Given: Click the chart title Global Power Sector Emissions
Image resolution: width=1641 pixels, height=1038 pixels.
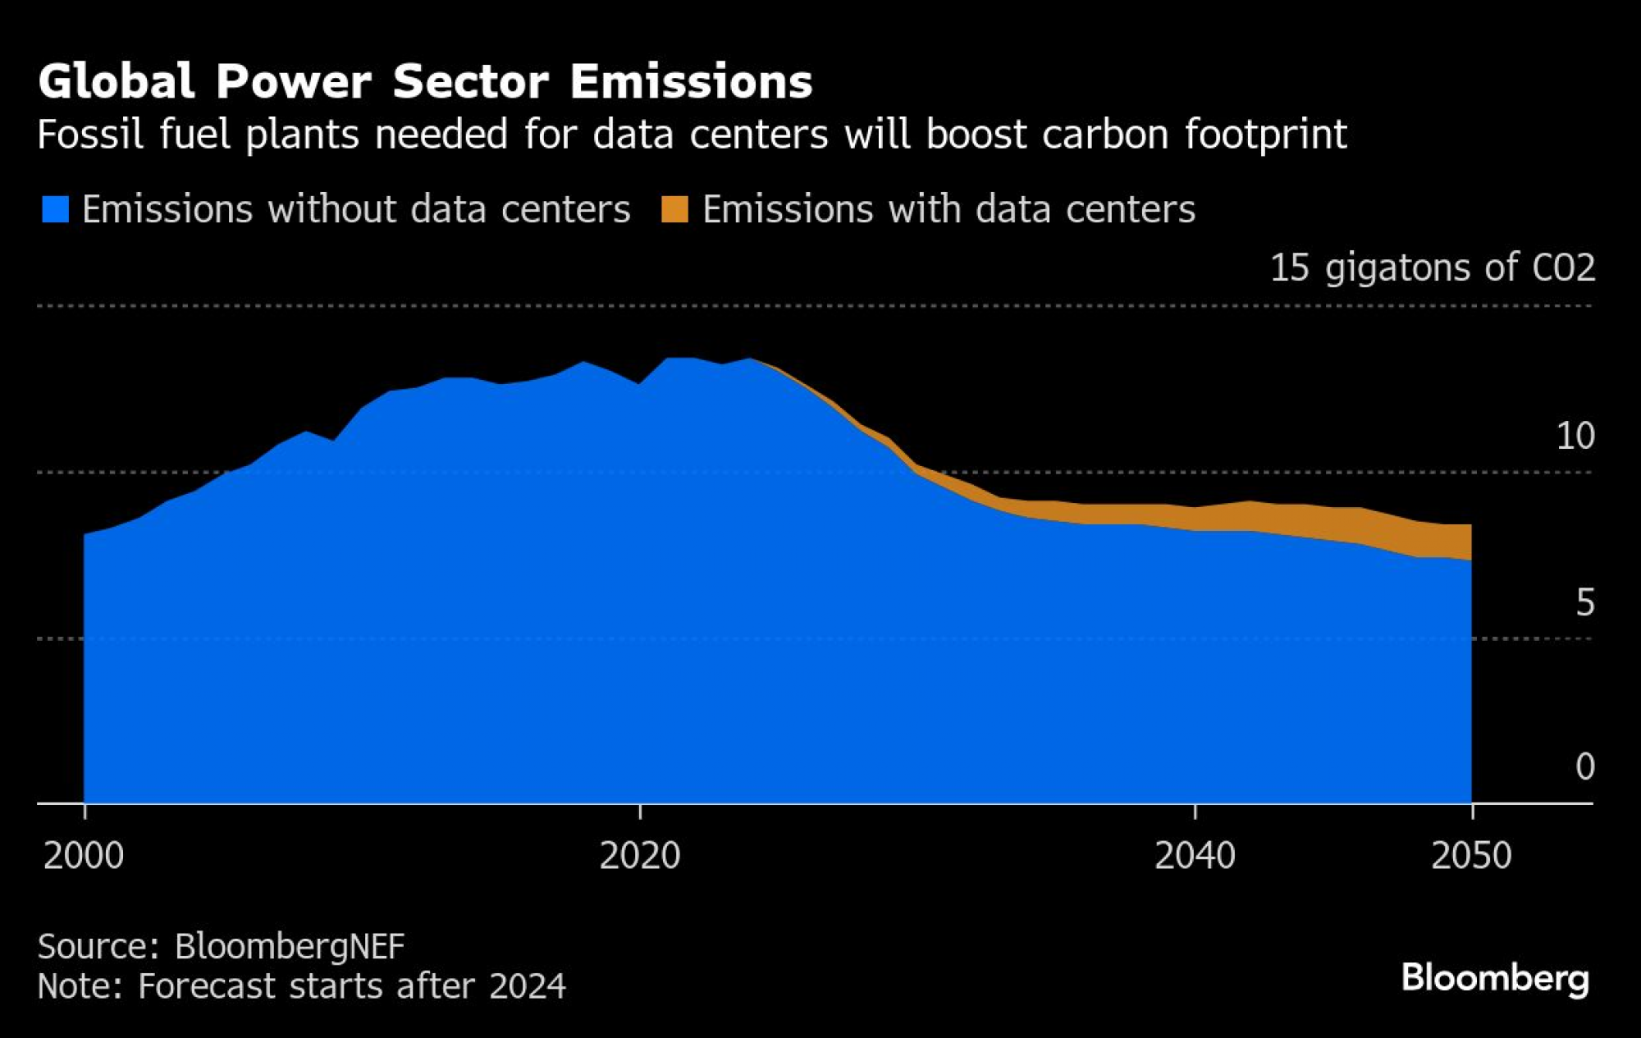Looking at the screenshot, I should (x=425, y=81).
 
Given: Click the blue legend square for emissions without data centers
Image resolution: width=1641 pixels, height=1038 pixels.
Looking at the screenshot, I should (x=55, y=209).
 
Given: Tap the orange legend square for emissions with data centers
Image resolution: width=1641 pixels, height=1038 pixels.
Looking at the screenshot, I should (x=674, y=209).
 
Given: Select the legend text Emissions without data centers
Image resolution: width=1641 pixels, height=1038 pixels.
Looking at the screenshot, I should (x=356, y=209).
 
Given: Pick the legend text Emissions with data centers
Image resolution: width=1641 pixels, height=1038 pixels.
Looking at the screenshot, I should (x=948, y=209).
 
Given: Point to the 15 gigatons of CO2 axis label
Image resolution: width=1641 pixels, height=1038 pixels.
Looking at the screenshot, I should (x=1432, y=268).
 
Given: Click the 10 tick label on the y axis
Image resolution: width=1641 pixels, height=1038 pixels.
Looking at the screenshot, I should (x=1575, y=436).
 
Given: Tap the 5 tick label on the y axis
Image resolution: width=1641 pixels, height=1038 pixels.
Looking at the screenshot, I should (x=1584, y=603).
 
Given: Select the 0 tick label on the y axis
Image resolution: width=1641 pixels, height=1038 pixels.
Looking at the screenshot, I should (x=1584, y=766).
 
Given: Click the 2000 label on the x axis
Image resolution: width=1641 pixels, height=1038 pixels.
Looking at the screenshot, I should (x=84, y=856).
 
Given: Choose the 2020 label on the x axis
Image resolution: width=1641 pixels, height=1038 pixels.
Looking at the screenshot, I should (x=640, y=856).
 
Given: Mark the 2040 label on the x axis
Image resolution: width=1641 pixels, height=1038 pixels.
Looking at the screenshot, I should (x=1195, y=856).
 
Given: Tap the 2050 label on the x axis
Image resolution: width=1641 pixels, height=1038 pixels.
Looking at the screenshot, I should (x=1471, y=856).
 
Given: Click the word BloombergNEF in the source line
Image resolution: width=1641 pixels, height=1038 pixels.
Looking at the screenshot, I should (x=290, y=946).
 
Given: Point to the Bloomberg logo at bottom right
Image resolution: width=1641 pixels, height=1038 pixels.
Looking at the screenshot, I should (x=1495, y=978).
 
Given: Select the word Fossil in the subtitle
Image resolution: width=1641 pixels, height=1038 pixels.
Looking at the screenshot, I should (x=90, y=135).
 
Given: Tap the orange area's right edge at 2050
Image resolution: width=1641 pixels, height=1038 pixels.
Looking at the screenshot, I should (x=1470, y=542).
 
